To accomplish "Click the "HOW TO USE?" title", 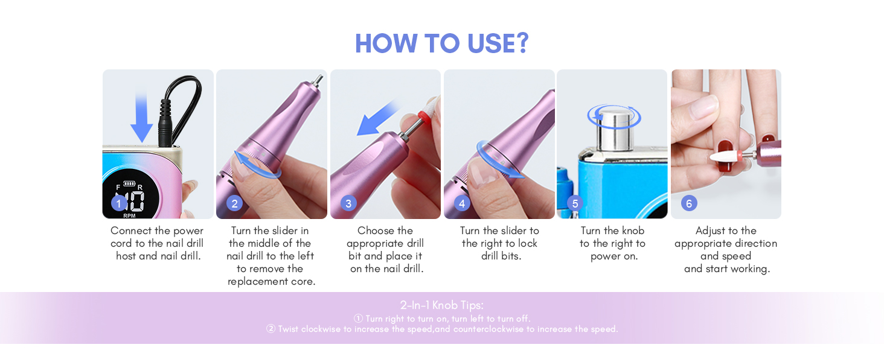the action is (441, 43).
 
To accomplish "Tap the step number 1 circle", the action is (119, 203).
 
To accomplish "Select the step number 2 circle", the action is (234, 203).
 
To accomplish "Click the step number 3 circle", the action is (348, 203).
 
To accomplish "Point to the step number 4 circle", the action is (462, 203).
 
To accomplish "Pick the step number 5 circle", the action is (575, 203).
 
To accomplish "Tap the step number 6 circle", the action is (689, 203).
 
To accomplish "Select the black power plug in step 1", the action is (165, 123).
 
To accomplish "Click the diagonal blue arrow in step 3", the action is (377, 118).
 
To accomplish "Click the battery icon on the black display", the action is (129, 183).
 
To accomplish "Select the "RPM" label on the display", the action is (129, 216).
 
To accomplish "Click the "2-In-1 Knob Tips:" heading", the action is (441, 305).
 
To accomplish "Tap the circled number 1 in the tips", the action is (358, 318).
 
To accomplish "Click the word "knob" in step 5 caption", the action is (633, 230).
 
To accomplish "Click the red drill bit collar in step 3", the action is (424, 116).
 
